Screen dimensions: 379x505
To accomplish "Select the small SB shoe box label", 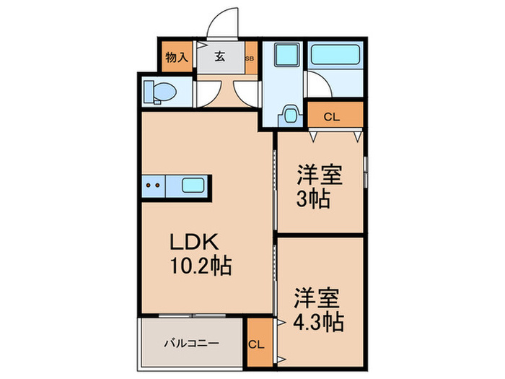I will pyautogui.click(x=250, y=58).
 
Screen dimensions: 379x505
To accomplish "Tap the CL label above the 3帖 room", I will pyautogui.click(x=332, y=116).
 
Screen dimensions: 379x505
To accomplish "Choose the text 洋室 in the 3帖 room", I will pyautogui.click(x=318, y=175).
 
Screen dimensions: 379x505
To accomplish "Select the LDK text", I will pyautogui.click(x=189, y=242).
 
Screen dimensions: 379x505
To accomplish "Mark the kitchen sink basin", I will pyautogui.click(x=193, y=186).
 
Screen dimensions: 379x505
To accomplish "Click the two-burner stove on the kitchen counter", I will pyautogui.click(x=153, y=186).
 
